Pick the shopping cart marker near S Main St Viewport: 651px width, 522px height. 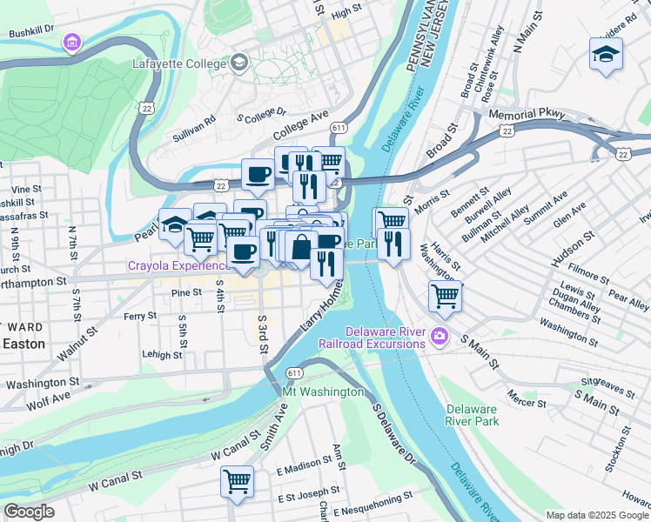pyautogui.click(x=445, y=297)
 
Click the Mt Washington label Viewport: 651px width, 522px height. pyautogui.click(x=322, y=392)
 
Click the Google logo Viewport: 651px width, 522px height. pyautogui.click(x=29, y=512)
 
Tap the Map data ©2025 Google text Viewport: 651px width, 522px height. pyautogui.click(x=596, y=515)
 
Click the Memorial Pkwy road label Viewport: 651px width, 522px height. pyautogui.click(x=527, y=115)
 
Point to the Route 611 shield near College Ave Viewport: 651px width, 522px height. pyautogui.click(x=338, y=127)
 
